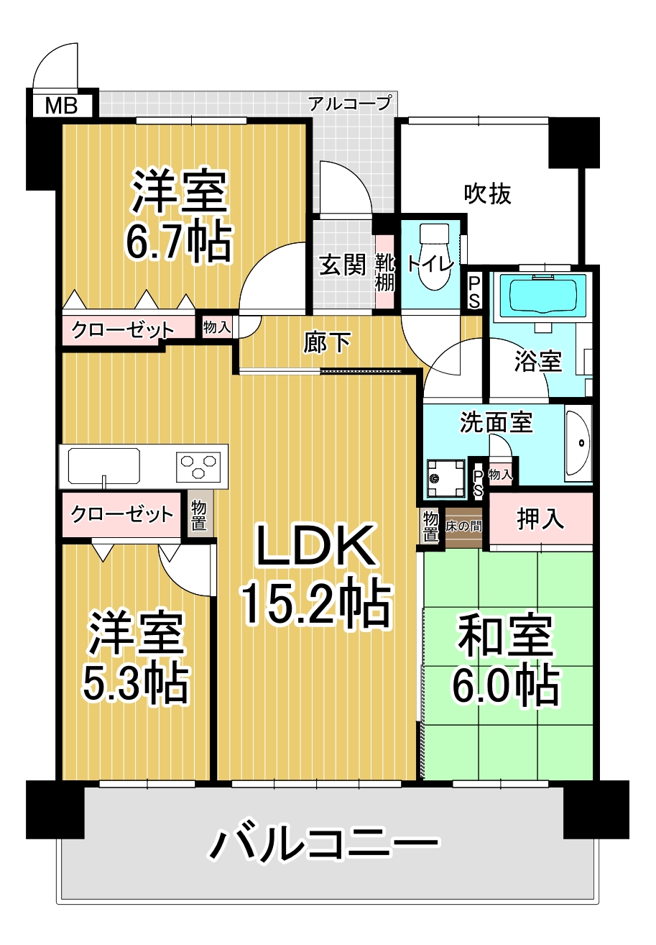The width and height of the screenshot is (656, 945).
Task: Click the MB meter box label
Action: tap(62, 106)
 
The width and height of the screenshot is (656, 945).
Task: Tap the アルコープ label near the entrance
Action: tap(350, 103)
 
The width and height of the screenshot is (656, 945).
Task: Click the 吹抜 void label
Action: tap(488, 194)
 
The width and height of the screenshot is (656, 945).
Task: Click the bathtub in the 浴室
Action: tap(542, 296)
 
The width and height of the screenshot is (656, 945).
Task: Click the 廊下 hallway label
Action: tap(327, 342)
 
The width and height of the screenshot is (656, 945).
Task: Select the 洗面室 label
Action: tap(496, 422)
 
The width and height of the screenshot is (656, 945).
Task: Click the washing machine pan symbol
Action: tap(445, 478)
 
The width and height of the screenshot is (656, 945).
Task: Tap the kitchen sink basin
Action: tap(103, 466)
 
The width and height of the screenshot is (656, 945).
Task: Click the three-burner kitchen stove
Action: tap(198, 467)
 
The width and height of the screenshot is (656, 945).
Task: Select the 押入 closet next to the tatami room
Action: tap(541, 519)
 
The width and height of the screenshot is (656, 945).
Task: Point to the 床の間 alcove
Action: tap(463, 527)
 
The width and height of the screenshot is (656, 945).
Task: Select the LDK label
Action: tap(316, 545)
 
